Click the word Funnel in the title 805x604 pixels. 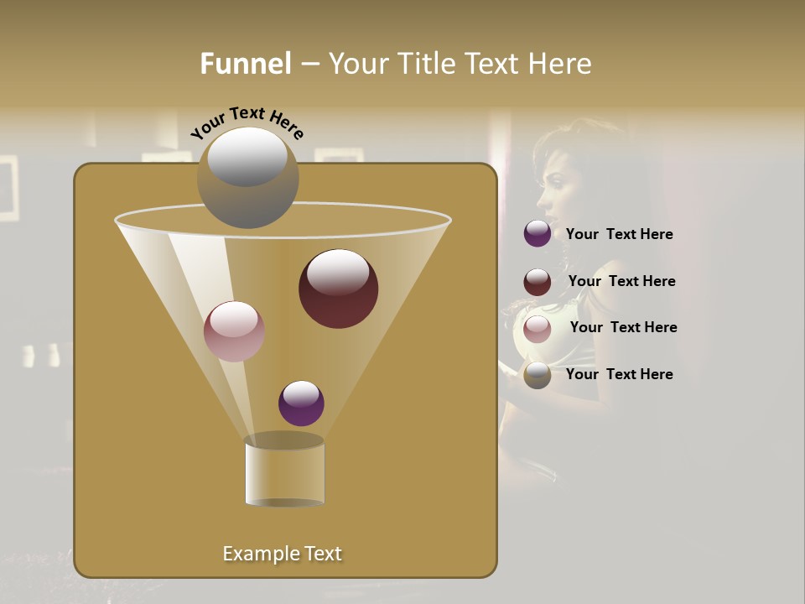245,64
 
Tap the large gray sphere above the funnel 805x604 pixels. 247,178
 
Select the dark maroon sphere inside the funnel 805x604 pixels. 338,289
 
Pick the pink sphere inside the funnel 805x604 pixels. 234,331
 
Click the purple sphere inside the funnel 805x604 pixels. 301,404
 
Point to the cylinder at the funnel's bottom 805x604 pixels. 284,471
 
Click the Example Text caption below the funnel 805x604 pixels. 282,554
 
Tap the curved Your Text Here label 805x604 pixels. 247,121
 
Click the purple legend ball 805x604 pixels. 538,234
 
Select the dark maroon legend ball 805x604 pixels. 538,282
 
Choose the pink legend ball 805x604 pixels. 538,329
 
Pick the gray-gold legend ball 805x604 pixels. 538,375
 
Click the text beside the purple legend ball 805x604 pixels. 619,235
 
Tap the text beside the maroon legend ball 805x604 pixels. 621,281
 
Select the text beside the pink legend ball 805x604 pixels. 623,327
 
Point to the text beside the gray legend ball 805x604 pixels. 619,374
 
